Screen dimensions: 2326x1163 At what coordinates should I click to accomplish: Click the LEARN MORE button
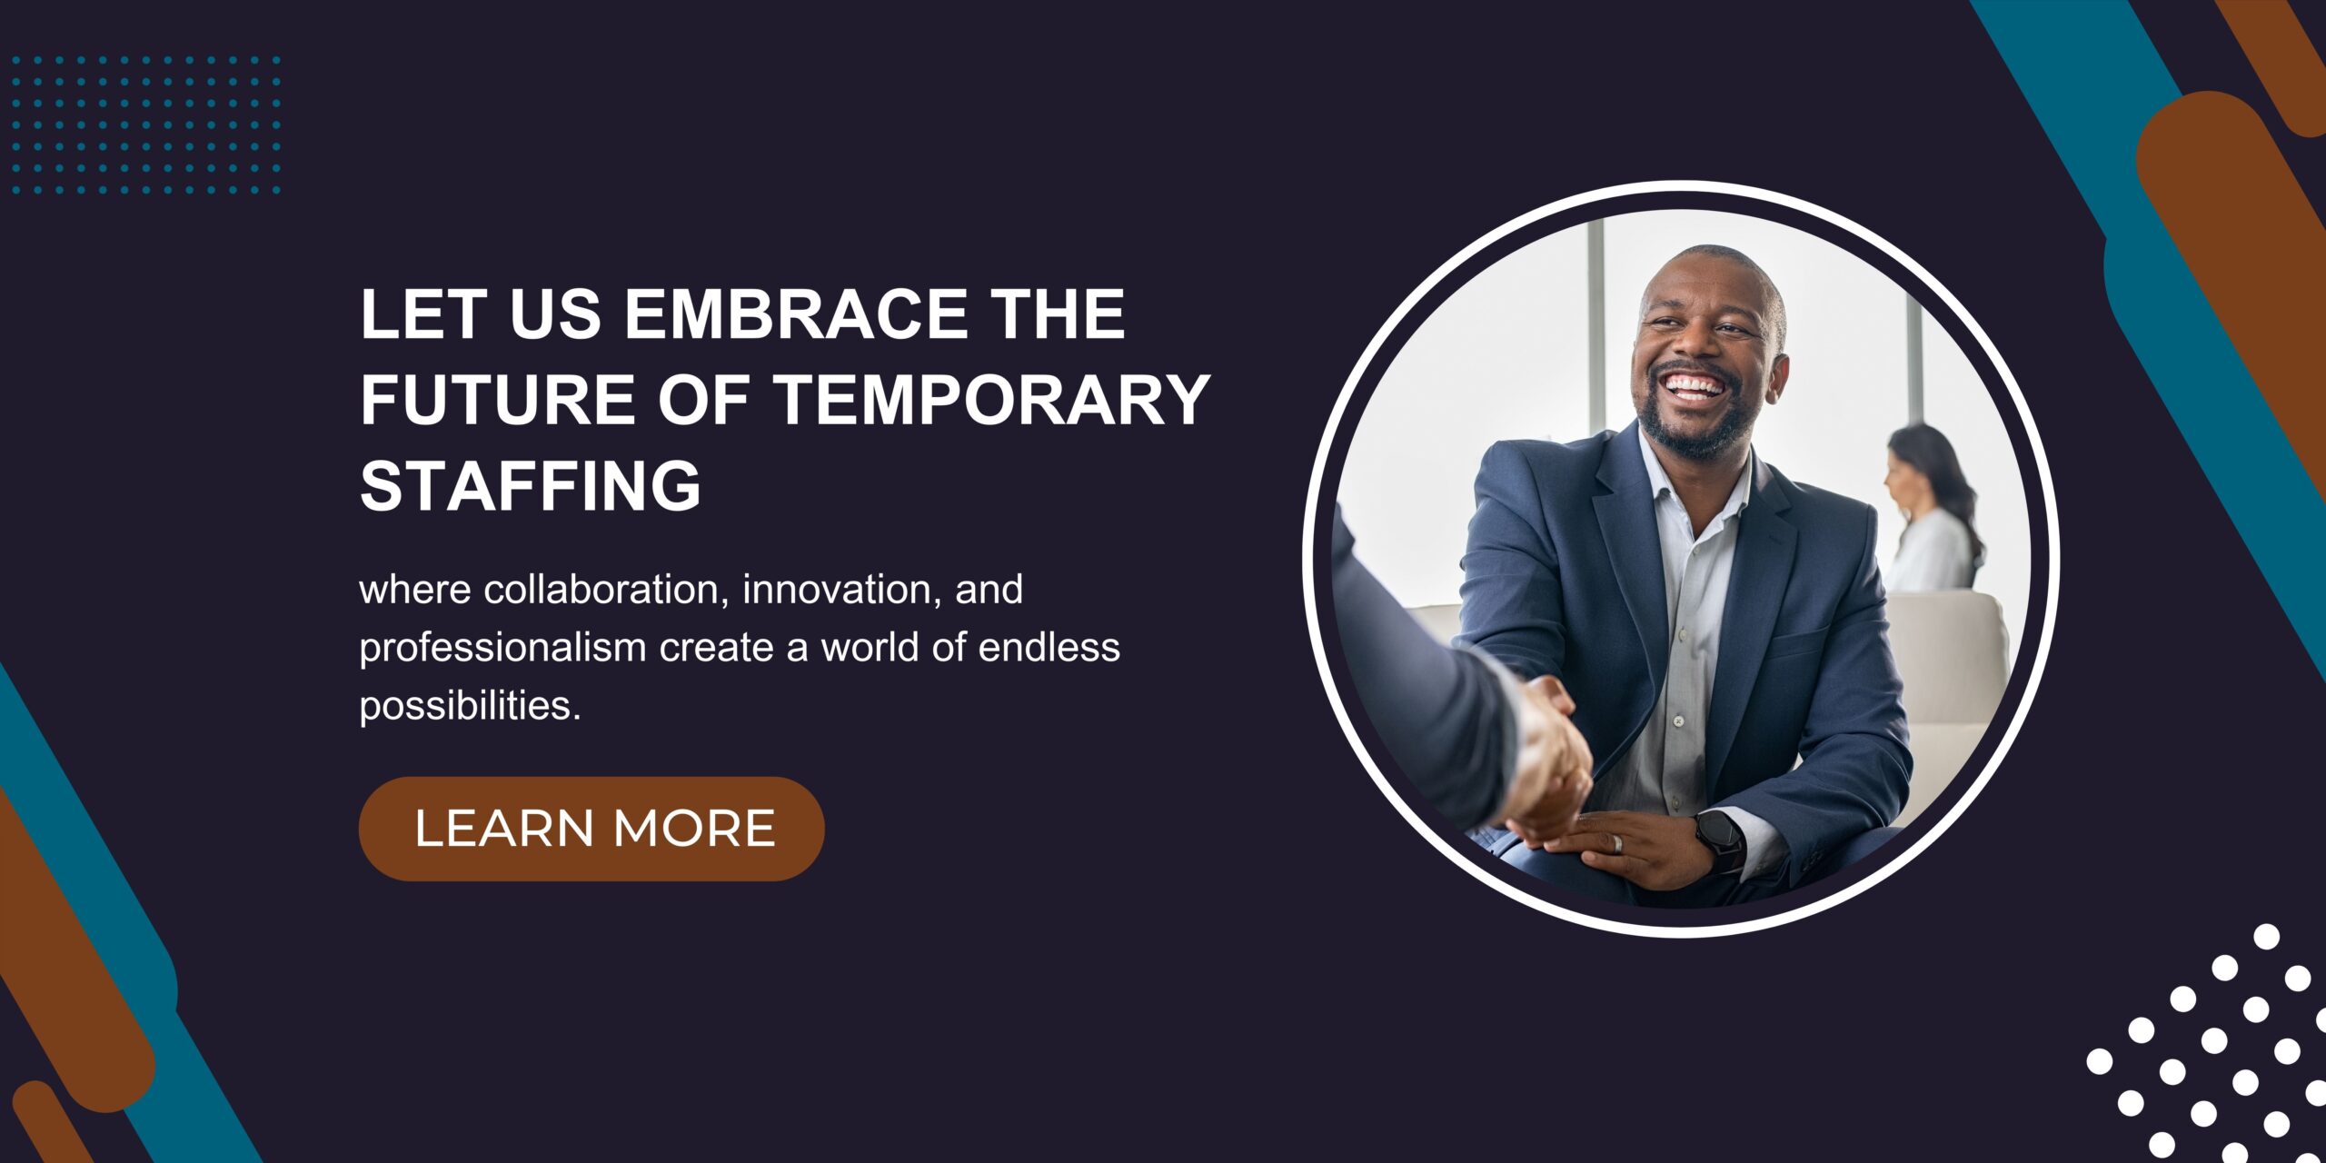click(591, 829)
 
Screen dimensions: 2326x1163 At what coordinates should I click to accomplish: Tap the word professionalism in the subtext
click(502, 650)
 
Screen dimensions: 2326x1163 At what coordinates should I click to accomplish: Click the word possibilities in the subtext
click(470, 707)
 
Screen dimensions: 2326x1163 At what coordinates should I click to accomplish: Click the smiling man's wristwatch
click(1720, 840)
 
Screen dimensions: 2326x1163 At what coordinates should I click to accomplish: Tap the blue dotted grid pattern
click(145, 125)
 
